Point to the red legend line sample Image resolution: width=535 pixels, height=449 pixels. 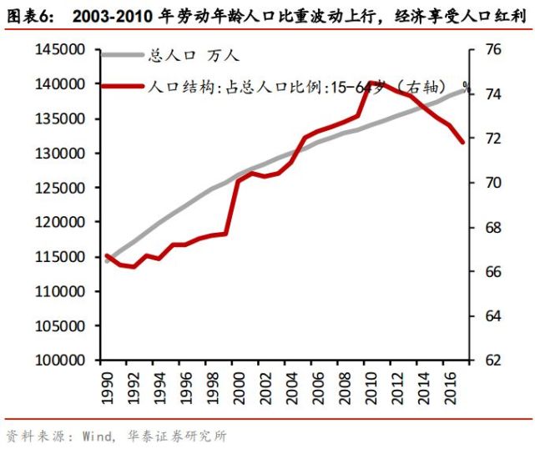click(122, 85)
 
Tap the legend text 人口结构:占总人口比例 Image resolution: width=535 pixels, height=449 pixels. click(238, 85)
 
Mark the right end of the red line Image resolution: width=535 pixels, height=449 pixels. click(463, 143)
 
